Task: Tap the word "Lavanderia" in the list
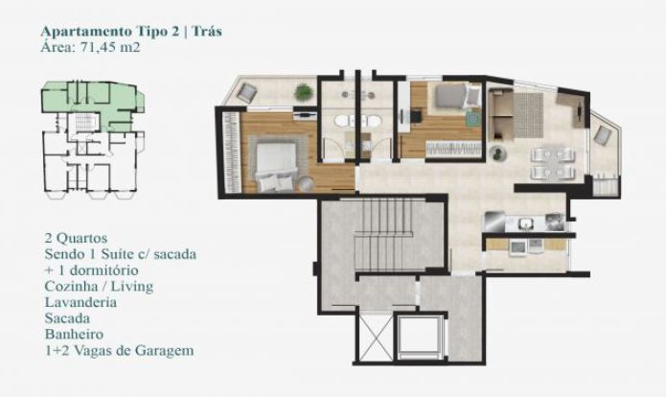click(80, 302)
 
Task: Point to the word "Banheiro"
click(74, 334)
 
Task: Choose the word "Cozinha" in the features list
click(71, 286)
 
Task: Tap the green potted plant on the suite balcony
click(304, 92)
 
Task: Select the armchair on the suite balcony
click(247, 91)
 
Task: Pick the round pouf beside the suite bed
click(305, 183)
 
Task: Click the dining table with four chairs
click(553, 163)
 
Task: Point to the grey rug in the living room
click(528, 115)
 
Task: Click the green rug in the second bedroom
click(472, 118)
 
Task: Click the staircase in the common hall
click(383, 235)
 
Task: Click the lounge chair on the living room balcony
click(602, 135)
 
